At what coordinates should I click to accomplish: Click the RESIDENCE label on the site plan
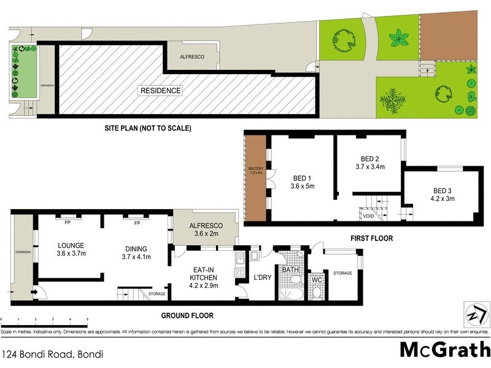coord(161,91)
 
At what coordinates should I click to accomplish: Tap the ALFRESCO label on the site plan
coord(191,56)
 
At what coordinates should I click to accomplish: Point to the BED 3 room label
coord(438,190)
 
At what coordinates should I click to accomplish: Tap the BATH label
coord(289,269)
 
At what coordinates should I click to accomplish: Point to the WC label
coord(317,280)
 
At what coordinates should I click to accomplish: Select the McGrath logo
coord(444,349)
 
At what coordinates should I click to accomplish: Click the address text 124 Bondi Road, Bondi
coord(52,354)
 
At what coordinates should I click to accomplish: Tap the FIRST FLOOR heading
coord(371,238)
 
